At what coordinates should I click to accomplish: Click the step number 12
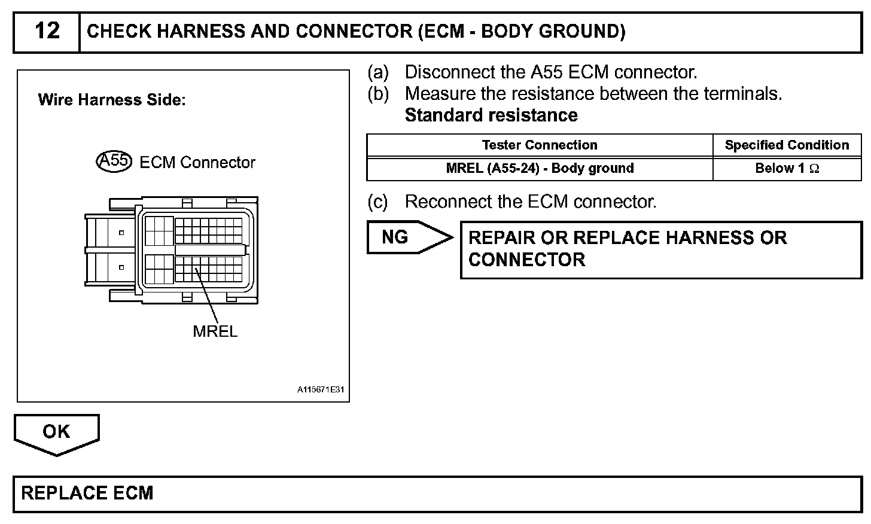(x=47, y=31)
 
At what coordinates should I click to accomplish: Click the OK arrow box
(x=56, y=432)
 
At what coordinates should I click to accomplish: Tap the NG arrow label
(x=395, y=237)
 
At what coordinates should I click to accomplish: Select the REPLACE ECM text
(x=87, y=493)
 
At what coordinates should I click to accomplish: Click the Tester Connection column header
(x=539, y=145)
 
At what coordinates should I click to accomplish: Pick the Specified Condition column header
(x=787, y=145)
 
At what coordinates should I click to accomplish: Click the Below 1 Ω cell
(x=787, y=169)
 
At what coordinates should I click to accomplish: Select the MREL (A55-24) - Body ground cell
(x=540, y=169)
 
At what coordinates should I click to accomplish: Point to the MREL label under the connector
(x=215, y=331)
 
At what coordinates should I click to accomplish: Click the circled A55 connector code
(x=113, y=161)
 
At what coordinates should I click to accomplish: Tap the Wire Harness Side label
(x=112, y=100)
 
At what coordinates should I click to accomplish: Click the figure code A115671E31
(x=321, y=390)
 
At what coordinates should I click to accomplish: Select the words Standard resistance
(x=491, y=115)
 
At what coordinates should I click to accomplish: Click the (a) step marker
(x=377, y=73)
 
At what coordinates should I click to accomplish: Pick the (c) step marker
(x=377, y=202)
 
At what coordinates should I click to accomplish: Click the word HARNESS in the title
(x=196, y=31)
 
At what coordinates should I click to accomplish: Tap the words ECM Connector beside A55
(x=197, y=163)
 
